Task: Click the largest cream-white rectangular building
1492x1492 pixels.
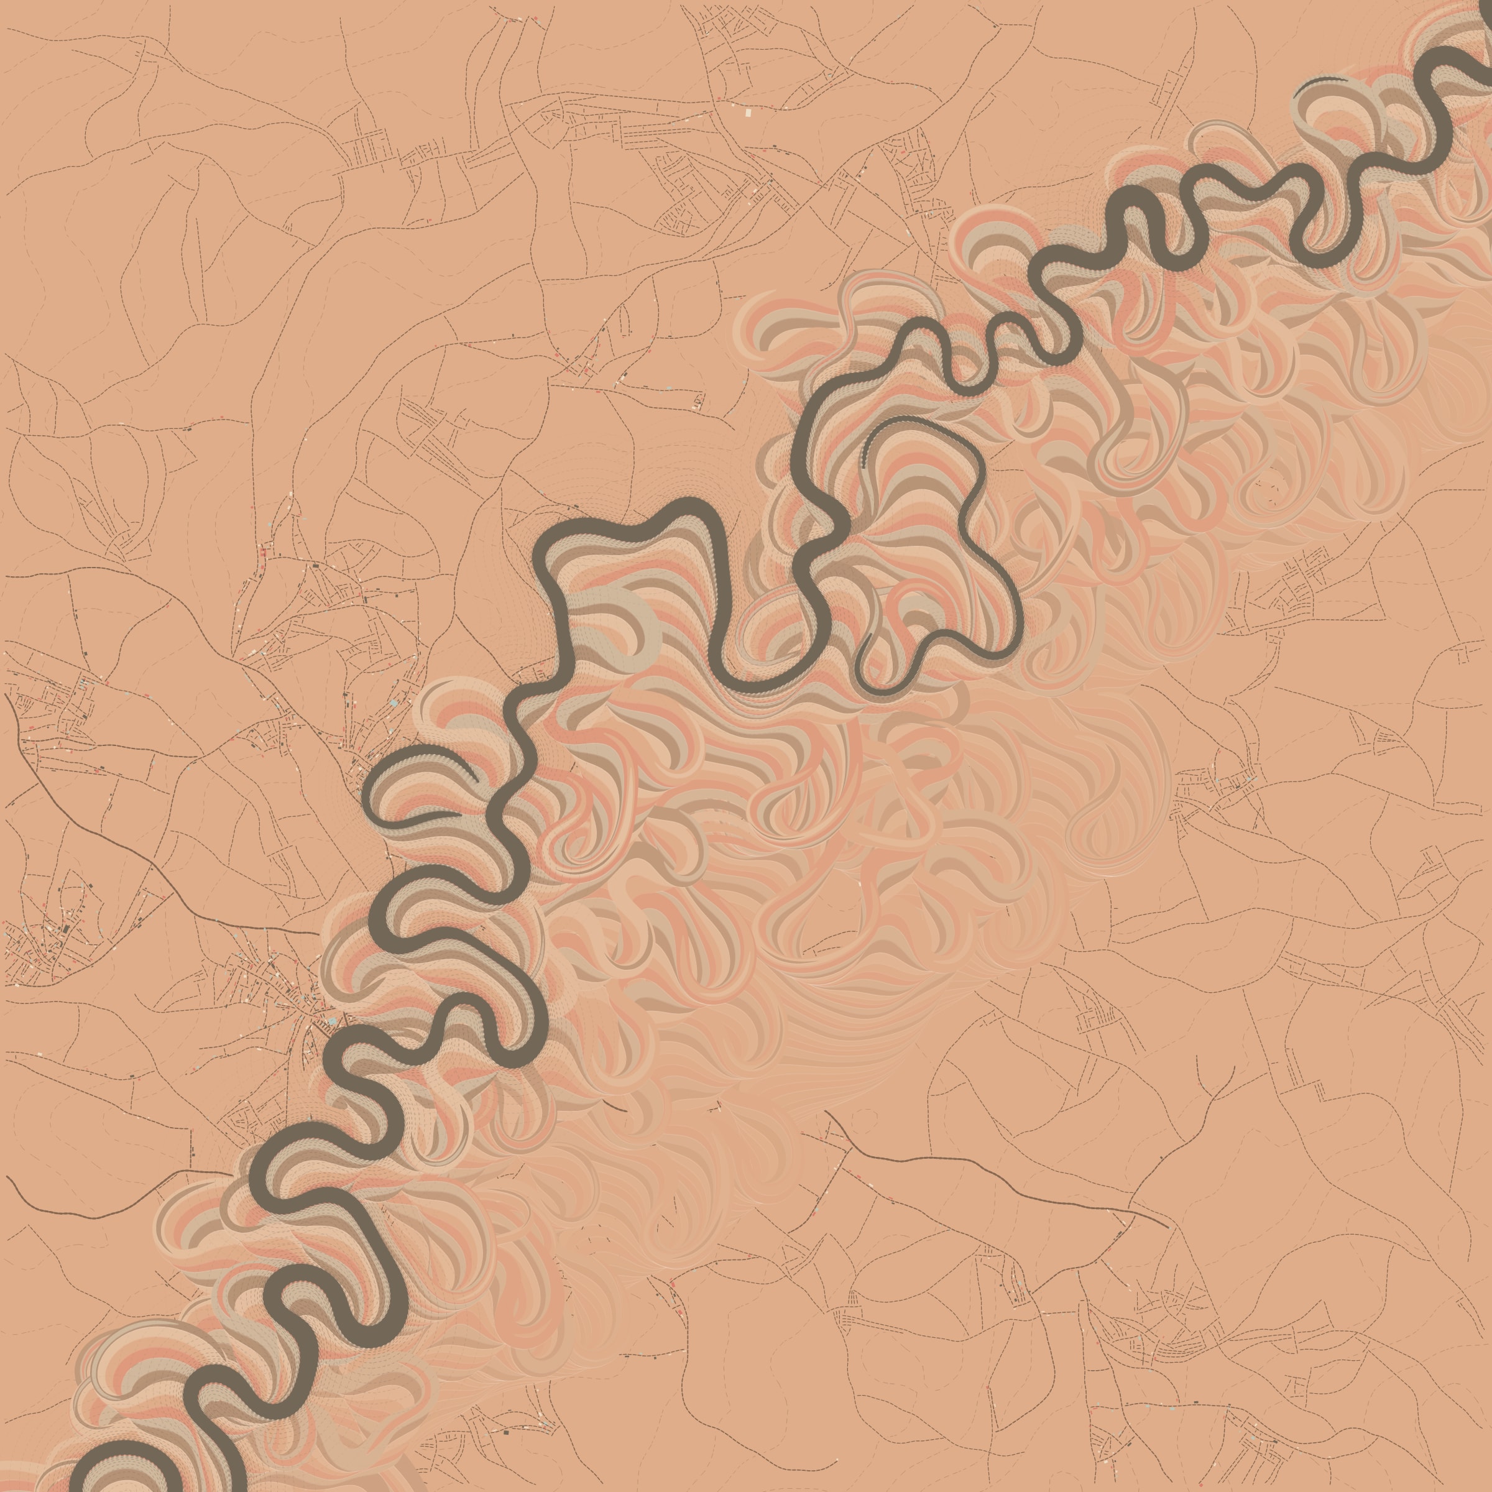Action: point(748,113)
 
